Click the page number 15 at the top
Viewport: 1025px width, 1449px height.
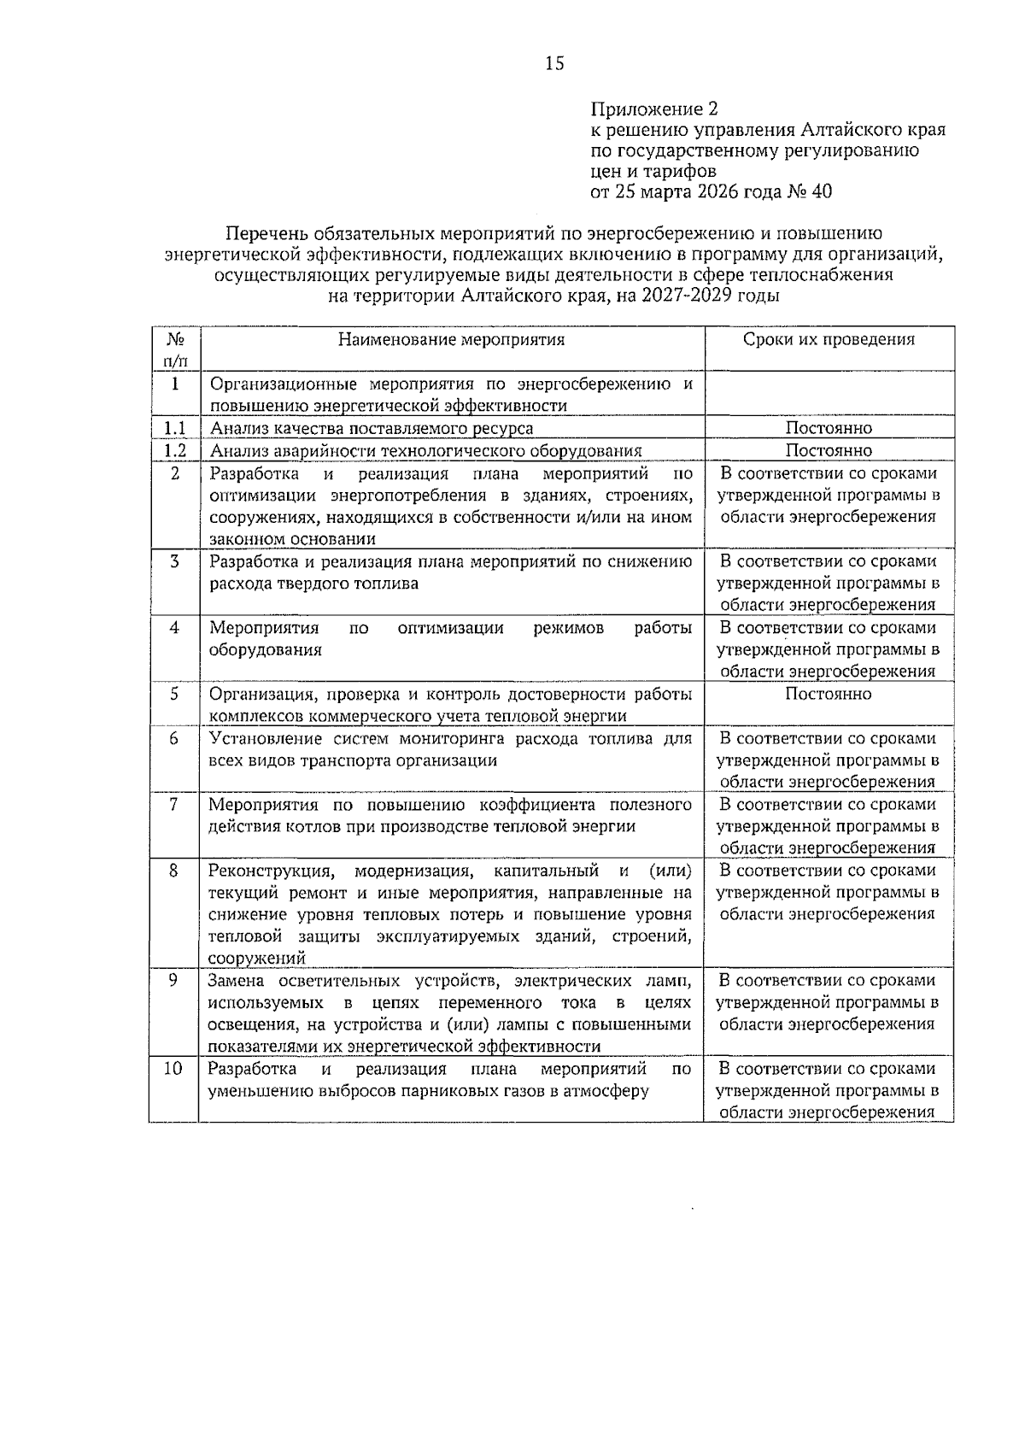pyautogui.click(x=554, y=63)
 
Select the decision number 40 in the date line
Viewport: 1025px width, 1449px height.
pyautogui.click(x=821, y=191)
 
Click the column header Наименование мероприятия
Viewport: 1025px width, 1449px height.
pyautogui.click(x=451, y=340)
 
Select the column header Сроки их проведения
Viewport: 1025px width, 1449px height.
pyautogui.click(x=828, y=340)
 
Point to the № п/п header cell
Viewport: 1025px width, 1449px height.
pyautogui.click(x=175, y=349)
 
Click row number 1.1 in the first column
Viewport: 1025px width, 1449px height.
pyautogui.click(x=175, y=428)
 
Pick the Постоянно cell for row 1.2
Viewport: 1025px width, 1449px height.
pyautogui.click(x=828, y=450)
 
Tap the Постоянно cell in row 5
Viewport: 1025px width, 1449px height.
pyautogui.click(x=828, y=694)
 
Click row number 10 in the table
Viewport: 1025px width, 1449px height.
pyautogui.click(x=173, y=1069)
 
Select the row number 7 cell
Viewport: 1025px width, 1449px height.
pyautogui.click(x=173, y=805)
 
